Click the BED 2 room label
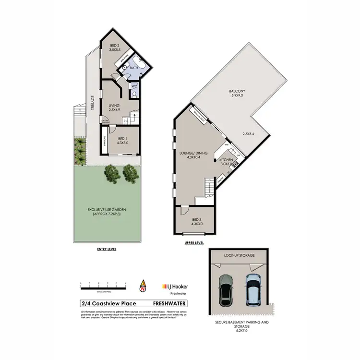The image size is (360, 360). pos(114,46)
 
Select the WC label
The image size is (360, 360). pos(134,86)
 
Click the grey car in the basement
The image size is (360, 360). pos(225,290)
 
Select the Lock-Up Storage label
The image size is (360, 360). pos(239,256)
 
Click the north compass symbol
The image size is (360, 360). pos(142,287)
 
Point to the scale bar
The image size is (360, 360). pos(103,288)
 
